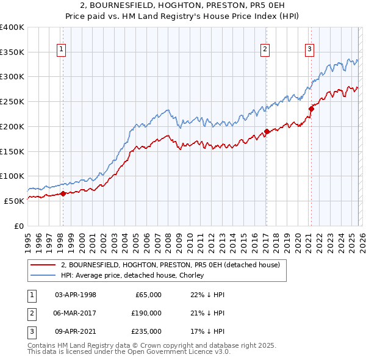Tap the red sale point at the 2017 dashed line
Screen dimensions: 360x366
coord(267,131)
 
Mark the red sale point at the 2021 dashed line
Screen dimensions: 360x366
coord(310,109)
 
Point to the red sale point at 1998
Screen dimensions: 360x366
coord(63,194)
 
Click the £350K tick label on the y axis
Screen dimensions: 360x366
coord(12,52)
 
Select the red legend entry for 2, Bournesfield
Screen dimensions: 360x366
coord(170,265)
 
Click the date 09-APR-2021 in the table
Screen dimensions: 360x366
coord(76,331)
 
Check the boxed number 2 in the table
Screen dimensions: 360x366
coord(31,313)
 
